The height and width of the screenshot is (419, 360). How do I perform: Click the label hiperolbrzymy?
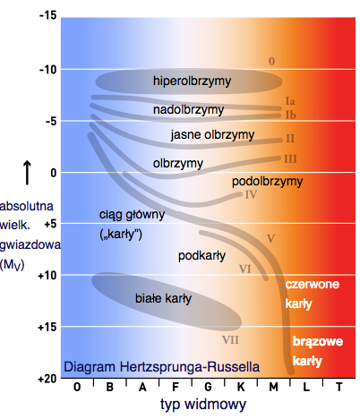point(192,81)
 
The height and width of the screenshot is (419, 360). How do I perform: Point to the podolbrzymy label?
point(267,182)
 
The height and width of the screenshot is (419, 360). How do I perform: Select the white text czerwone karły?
point(312,295)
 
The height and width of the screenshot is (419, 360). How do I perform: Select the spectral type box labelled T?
point(338,389)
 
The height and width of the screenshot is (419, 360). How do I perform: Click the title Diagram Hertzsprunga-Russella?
point(161,367)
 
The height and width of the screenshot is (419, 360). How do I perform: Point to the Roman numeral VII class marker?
point(230,339)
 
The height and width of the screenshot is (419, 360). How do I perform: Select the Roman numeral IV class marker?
point(251,194)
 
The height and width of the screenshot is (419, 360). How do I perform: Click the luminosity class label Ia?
point(290,100)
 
